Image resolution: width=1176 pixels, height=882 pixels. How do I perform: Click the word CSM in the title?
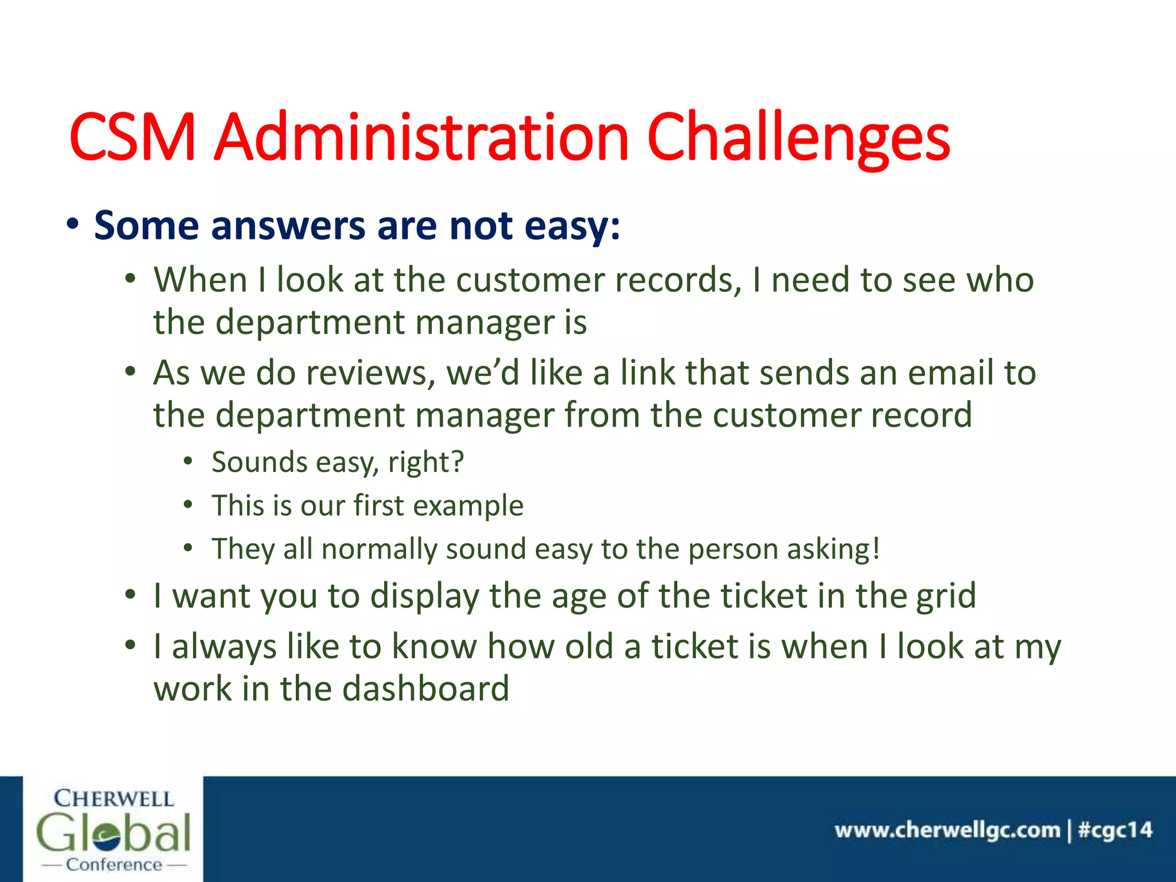[x=133, y=138]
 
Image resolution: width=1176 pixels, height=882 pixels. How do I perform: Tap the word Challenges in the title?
[x=798, y=138]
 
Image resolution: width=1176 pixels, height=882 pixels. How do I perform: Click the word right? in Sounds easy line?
[x=425, y=463]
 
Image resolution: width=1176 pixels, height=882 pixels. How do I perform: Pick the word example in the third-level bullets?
[x=468, y=506]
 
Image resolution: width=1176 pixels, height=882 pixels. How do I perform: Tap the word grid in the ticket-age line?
[x=946, y=596]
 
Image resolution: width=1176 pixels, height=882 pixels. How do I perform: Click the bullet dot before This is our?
[x=188, y=505]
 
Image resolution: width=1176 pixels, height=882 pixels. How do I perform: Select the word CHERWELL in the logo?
[x=114, y=799]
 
